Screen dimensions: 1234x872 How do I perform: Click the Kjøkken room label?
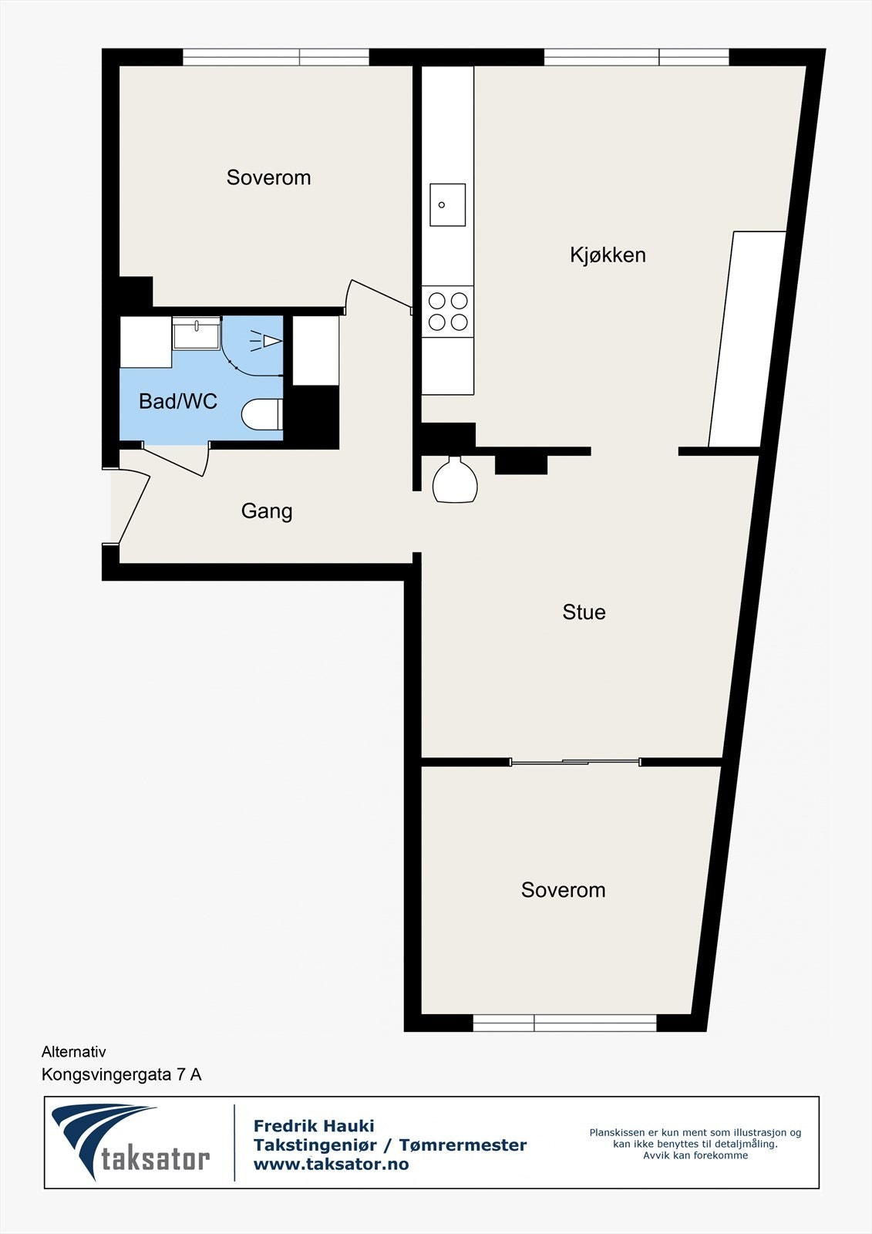[x=608, y=255]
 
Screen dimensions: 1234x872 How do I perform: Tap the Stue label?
[x=584, y=612]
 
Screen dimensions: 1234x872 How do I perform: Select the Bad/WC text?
[x=178, y=401]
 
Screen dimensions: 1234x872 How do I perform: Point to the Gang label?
[x=267, y=511]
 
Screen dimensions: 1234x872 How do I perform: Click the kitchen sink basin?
[x=447, y=205]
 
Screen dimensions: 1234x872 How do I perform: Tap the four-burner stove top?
[x=448, y=311]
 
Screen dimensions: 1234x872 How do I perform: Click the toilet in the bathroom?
[x=261, y=415]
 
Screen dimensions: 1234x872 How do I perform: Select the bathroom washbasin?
[x=196, y=334]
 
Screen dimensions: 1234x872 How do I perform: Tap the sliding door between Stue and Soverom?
[x=575, y=763]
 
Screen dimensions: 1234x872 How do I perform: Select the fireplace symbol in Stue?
[x=455, y=481]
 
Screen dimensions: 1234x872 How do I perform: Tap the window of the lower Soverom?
[x=564, y=1023]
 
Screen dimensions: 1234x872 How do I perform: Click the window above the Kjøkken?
[x=636, y=57]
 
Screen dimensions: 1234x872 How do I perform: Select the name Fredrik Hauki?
[x=314, y=1126]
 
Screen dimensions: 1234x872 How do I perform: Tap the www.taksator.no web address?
[x=331, y=1165]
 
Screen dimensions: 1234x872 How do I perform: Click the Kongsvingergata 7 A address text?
[x=121, y=1074]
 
